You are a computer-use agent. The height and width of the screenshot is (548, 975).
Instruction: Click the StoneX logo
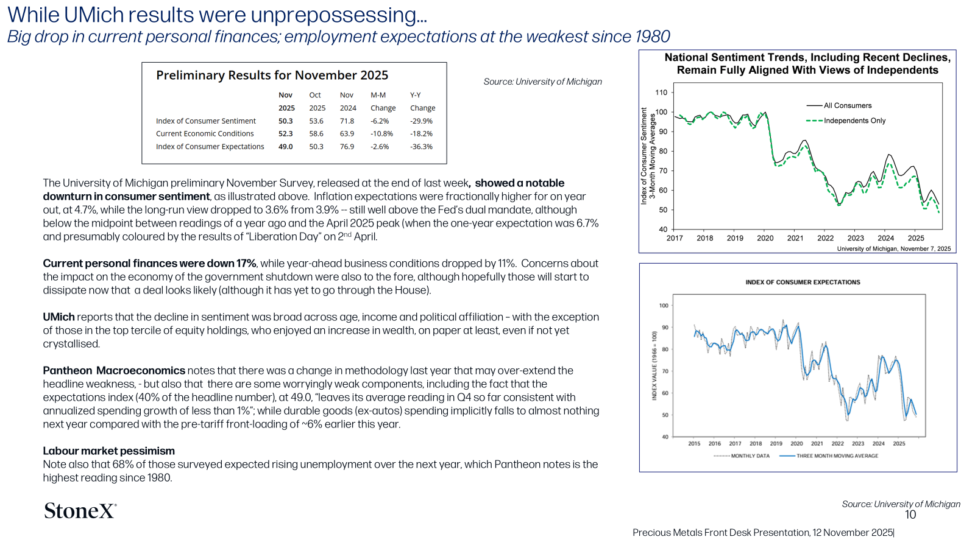[x=80, y=511]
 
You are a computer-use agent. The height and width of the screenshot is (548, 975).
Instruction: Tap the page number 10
[x=910, y=515]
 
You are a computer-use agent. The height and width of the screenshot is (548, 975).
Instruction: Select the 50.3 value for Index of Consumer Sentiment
[x=286, y=121]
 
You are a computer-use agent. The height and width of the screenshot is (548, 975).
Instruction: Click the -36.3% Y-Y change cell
[x=421, y=147]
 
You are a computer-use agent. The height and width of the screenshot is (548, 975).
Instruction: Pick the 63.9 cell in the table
[x=347, y=133]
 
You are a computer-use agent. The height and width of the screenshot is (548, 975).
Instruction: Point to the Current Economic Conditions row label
[x=205, y=133]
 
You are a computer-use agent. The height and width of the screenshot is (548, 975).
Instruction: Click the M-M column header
[x=378, y=95]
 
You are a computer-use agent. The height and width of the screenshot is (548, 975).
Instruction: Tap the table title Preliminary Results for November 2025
[x=272, y=76]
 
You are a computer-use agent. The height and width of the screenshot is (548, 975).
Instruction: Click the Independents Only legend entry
[x=846, y=121]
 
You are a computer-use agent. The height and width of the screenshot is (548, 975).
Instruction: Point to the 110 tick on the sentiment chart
[x=661, y=92]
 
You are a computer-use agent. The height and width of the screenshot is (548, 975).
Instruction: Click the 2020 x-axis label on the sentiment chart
[x=765, y=238]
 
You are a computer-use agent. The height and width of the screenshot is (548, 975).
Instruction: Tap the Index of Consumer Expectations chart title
[x=803, y=283]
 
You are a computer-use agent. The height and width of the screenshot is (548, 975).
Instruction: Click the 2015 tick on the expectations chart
[x=694, y=444]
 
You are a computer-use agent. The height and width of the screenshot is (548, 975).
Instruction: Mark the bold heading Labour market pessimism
[x=109, y=451]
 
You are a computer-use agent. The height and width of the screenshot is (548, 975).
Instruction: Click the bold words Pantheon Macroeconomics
[x=114, y=371]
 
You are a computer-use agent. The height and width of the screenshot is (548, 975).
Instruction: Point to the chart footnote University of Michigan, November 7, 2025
[x=894, y=249]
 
